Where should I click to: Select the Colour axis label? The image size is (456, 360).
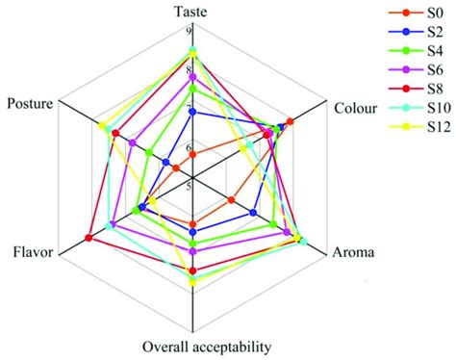tap(355, 108)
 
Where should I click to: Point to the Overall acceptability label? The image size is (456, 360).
tap(206, 347)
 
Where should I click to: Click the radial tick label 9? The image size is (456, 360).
tap(188, 31)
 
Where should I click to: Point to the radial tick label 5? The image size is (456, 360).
tap(188, 185)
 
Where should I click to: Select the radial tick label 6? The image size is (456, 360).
tap(188, 147)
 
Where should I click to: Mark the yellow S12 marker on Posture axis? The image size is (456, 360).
tap(102, 126)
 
